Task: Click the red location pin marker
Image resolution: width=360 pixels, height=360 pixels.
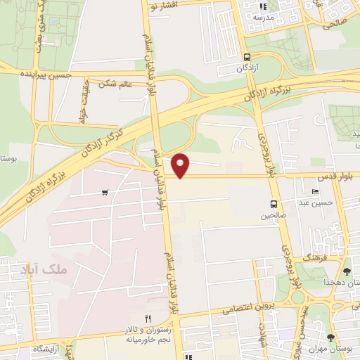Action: [181, 165]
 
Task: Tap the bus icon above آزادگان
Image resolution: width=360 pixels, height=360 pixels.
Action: [247, 58]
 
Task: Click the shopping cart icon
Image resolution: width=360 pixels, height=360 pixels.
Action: [105, 192]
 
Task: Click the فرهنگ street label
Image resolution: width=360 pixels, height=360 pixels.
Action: [313, 258]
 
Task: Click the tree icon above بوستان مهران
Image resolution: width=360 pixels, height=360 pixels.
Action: [330, 337]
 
